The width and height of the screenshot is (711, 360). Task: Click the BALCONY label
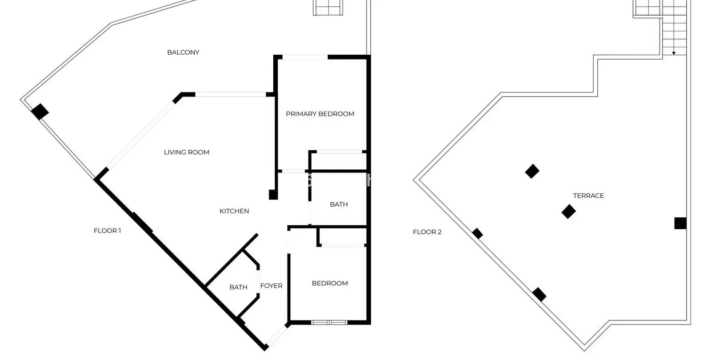coord(183,52)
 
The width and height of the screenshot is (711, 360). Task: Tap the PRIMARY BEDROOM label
coord(320,114)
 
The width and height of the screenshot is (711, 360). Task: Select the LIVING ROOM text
coord(187,152)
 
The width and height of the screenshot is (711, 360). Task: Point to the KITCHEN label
coord(234,211)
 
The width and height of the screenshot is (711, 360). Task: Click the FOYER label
coord(272,286)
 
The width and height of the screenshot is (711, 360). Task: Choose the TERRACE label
coord(588,196)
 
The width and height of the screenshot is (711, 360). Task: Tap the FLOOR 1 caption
coord(107,231)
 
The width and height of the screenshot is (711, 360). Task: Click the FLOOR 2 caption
coord(427,232)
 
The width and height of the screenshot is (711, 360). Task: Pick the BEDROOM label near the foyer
coord(330,283)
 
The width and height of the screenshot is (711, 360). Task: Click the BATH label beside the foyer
coord(238,287)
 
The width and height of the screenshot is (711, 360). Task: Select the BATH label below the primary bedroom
coord(339,204)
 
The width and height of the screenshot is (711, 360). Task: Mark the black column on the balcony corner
coord(40,112)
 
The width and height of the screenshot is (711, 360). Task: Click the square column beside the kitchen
coord(273,195)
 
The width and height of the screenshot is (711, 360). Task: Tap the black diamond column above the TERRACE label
coord(532,172)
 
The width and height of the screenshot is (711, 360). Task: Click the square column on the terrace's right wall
coord(680,224)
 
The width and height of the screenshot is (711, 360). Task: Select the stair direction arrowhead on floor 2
coord(674,53)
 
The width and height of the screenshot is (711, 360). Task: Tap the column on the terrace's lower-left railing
coord(539,295)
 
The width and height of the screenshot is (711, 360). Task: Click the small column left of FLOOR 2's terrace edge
coord(477,234)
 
